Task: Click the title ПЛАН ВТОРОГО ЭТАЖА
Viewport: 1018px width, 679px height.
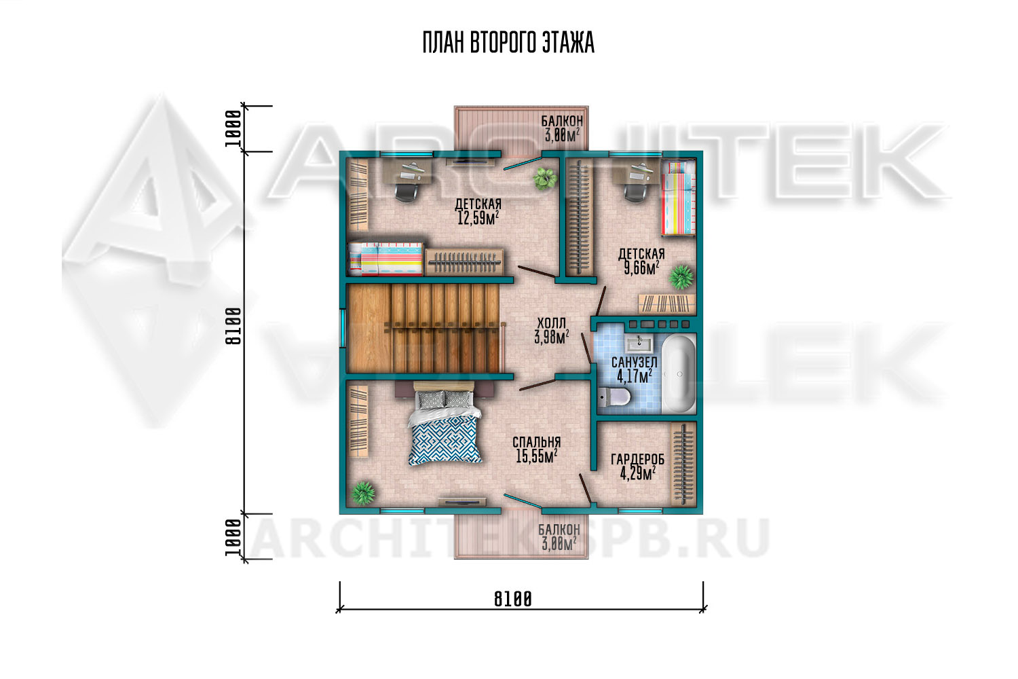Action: coord(508,43)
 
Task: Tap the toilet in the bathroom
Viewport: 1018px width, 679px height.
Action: coord(614,397)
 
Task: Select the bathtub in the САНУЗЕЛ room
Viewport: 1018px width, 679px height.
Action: coord(679,374)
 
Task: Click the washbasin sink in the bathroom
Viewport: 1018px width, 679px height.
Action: coord(639,345)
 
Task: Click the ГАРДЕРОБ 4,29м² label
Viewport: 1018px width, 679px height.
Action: coord(637,466)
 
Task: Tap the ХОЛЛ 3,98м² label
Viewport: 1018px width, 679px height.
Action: coord(552,331)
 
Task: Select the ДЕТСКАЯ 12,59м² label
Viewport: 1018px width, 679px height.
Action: coord(478,211)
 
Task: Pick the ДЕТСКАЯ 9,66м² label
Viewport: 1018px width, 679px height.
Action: coord(641,261)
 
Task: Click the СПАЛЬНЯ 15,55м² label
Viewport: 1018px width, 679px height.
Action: coord(537,449)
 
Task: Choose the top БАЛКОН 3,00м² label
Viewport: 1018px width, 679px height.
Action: coord(562,128)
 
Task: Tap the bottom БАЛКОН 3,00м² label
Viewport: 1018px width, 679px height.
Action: coord(559,537)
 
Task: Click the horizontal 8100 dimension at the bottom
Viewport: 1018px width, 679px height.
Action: coord(512,600)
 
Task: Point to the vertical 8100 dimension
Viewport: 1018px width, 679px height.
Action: coord(233,327)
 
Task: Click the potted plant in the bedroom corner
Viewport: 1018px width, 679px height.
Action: coord(362,493)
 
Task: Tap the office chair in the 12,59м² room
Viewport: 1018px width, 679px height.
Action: coord(407,191)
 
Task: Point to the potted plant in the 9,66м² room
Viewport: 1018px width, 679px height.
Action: coord(681,277)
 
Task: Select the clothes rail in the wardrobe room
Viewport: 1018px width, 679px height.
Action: coord(683,464)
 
